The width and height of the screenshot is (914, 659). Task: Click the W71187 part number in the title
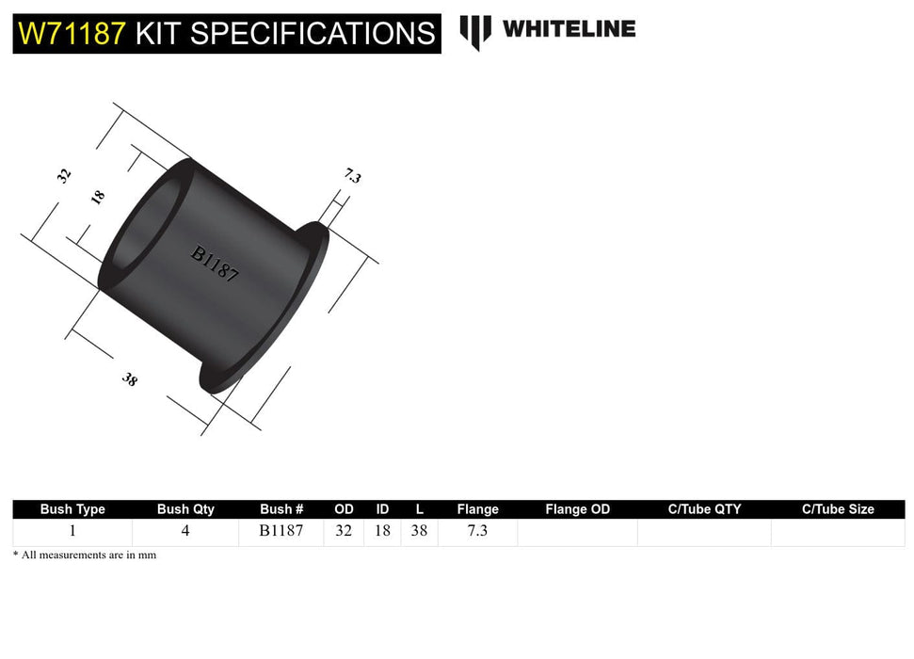pyautogui.click(x=72, y=34)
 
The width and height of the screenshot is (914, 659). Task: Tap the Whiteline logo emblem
pyautogui.click(x=474, y=32)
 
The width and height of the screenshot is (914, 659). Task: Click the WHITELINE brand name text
pyautogui.click(x=569, y=29)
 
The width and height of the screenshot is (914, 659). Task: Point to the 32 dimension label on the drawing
pyautogui.click(x=64, y=175)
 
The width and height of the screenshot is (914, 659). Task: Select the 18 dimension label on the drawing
pyautogui.click(x=97, y=197)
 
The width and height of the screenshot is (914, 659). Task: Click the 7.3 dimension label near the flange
pyautogui.click(x=352, y=175)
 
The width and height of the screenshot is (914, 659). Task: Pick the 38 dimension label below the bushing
pyautogui.click(x=129, y=379)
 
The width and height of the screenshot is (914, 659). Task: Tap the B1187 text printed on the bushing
pyautogui.click(x=215, y=264)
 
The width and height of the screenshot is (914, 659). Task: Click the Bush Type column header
pyautogui.click(x=72, y=509)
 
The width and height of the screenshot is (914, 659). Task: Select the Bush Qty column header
pyautogui.click(x=185, y=509)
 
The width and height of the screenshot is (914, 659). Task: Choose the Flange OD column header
pyautogui.click(x=577, y=509)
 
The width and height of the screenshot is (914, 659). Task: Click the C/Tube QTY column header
pyautogui.click(x=704, y=509)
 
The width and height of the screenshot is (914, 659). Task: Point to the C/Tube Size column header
pyautogui.click(x=838, y=509)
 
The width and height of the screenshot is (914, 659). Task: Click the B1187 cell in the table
pyautogui.click(x=281, y=531)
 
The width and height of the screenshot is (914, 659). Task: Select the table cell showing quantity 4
pyautogui.click(x=185, y=531)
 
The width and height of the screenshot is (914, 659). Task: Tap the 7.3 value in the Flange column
pyautogui.click(x=477, y=531)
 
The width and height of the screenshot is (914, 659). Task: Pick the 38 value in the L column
pyautogui.click(x=419, y=531)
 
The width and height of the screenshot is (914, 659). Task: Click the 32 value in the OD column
pyautogui.click(x=344, y=531)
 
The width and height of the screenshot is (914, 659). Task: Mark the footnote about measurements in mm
pyautogui.click(x=85, y=555)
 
